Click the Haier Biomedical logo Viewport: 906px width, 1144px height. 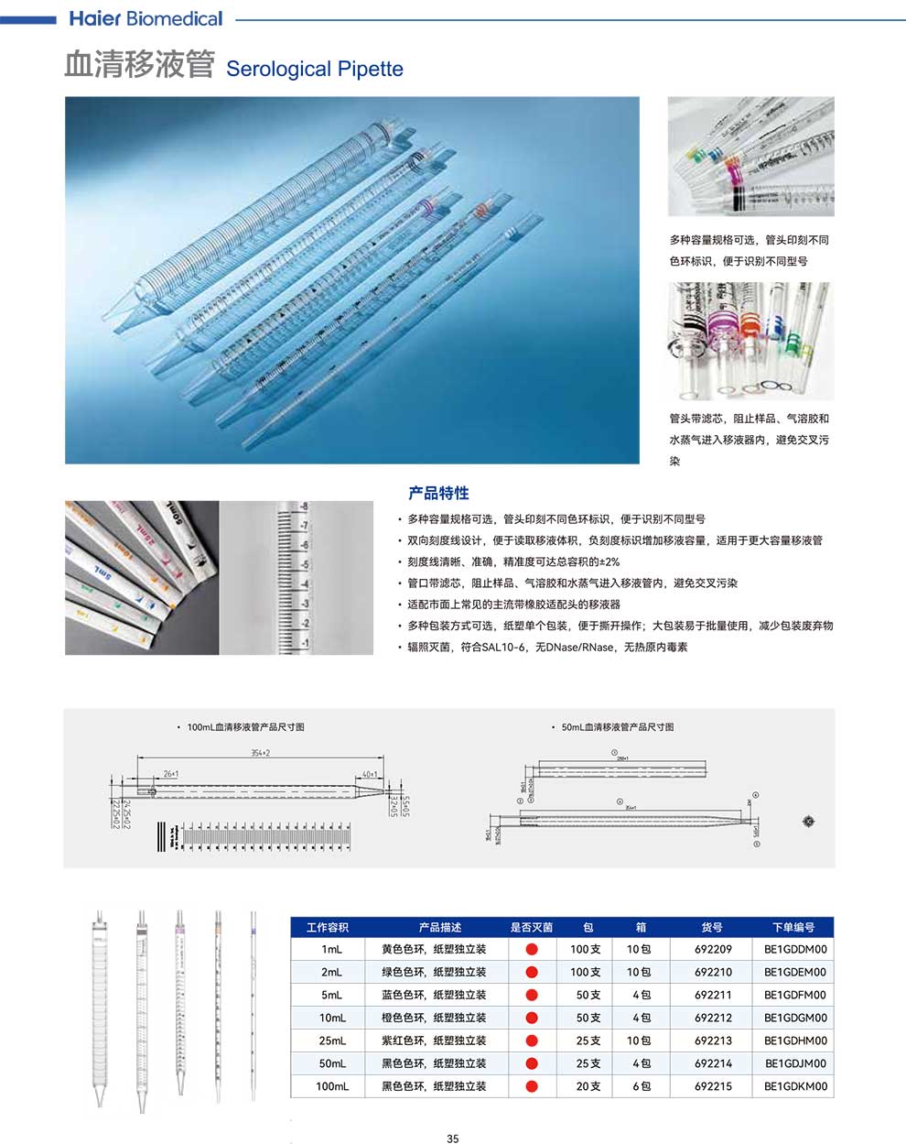(x=146, y=18)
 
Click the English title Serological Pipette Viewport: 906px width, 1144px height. (x=314, y=70)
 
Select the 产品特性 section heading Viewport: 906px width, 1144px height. (x=438, y=493)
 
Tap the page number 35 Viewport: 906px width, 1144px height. (x=453, y=1139)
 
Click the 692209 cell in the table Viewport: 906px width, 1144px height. (x=713, y=949)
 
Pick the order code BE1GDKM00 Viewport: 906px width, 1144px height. (x=795, y=1086)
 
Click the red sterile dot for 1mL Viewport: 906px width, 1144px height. (x=532, y=949)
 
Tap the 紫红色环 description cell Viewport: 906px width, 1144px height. (x=434, y=1040)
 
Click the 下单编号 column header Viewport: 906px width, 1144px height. (x=794, y=927)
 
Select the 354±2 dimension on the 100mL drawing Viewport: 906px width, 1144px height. (x=260, y=753)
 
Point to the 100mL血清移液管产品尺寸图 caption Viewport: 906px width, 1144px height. (x=245, y=726)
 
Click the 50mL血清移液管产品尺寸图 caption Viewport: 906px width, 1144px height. (x=618, y=726)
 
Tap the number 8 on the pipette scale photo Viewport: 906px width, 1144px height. (x=305, y=507)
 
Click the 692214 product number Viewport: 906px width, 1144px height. (x=713, y=1063)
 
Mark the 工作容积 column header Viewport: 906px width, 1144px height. (x=328, y=927)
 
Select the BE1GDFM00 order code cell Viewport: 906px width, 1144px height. (x=795, y=995)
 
